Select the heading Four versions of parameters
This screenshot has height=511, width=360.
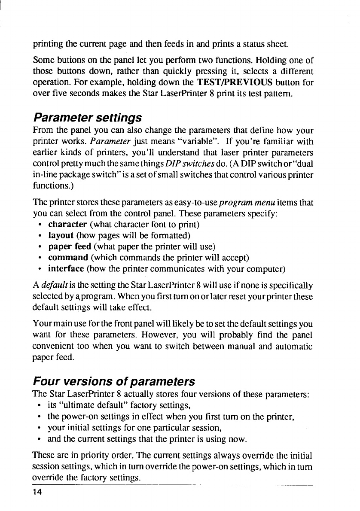click(x=114, y=382)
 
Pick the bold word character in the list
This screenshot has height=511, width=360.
click(x=68, y=224)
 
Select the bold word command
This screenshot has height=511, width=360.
click(x=68, y=258)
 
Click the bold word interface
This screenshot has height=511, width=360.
click(x=66, y=269)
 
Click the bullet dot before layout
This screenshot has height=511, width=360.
click(x=40, y=236)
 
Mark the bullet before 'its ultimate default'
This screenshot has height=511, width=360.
click(x=40, y=405)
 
